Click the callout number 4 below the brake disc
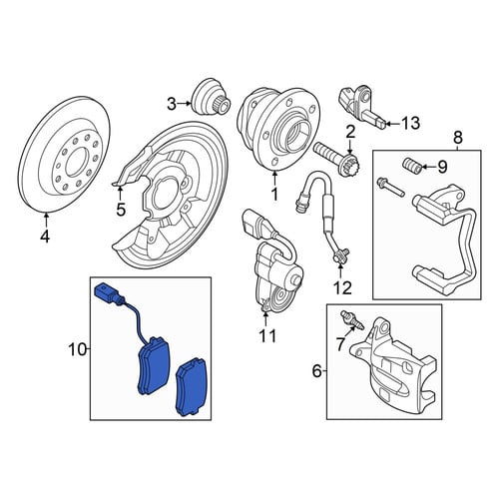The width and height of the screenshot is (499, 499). [45, 237]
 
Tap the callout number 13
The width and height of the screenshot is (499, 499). [410, 124]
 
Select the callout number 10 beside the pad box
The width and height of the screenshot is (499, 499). [77, 349]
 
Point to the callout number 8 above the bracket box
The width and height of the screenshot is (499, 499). [458, 137]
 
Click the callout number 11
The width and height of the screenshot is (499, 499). [268, 336]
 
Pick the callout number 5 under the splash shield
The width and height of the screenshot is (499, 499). [121, 210]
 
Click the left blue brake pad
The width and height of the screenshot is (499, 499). [154, 366]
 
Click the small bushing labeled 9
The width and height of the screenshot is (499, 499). [411, 165]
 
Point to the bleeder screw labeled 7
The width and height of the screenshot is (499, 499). [352, 320]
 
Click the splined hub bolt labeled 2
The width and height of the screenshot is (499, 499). [337, 157]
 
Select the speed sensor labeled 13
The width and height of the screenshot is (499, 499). [362, 107]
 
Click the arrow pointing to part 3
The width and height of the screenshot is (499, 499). [185, 104]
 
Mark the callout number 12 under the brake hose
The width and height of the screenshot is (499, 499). [342, 288]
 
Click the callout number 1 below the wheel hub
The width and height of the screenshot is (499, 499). [274, 194]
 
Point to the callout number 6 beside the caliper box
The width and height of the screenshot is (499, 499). [317, 371]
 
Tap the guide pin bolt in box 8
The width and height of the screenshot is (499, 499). [390, 187]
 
